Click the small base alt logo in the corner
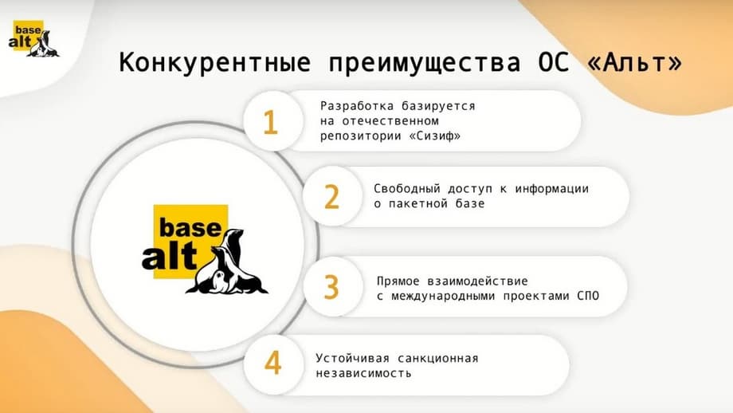click(33, 39)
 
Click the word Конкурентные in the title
click(215, 62)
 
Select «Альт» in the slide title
click(635, 63)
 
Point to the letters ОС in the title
click(554, 63)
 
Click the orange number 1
click(271, 122)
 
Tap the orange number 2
click(331, 196)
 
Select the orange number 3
click(331, 287)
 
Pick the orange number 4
click(272, 363)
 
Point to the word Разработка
click(357, 106)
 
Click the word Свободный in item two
click(407, 189)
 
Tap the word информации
click(551, 189)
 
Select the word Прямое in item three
click(398, 281)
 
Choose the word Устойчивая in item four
click(352, 358)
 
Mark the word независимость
click(363, 373)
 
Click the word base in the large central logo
click(190, 228)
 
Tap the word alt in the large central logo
click(169, 256)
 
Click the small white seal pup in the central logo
click(218, 282)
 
